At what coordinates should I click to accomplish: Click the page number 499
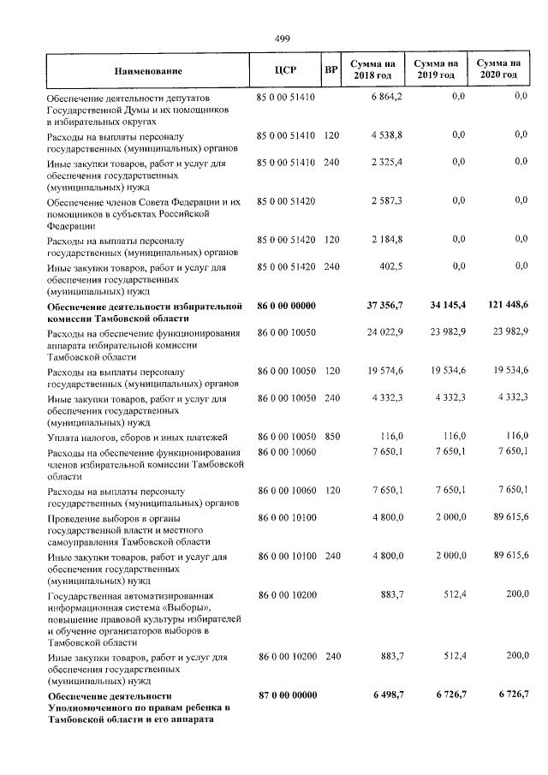coord(283,39)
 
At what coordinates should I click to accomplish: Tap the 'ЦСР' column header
coord(286,70)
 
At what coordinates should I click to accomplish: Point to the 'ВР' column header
coord(331,70)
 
